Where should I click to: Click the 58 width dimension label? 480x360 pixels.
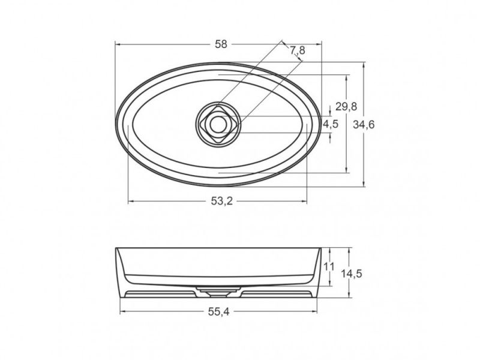[x=221, y=44]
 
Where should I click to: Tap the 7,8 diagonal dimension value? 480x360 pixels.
[x=298, y=50]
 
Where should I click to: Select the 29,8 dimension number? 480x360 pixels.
[x=346, y=107]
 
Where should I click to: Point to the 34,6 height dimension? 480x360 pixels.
[x=364, y=125]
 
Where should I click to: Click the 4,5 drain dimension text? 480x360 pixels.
[x=331, y=124]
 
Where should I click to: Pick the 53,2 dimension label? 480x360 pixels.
[x=222, y=201]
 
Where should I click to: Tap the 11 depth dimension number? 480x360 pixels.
[x=329, y=266]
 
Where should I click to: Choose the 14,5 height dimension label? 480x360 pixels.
[x=352, y=274]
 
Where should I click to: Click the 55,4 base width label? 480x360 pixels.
[x=218, y=311]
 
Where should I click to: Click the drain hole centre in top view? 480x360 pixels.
[x=218, y=124]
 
